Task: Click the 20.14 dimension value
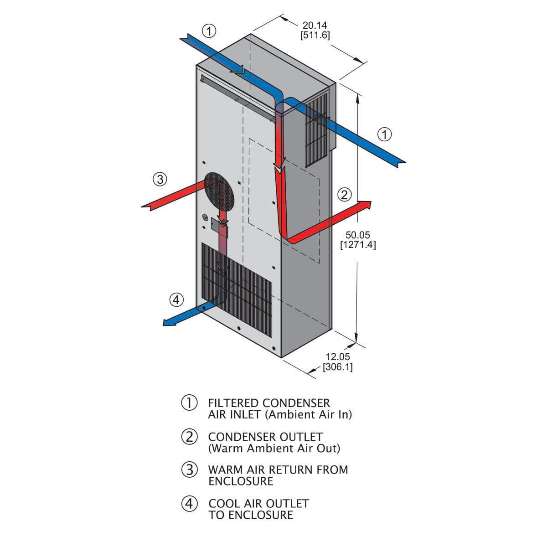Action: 315,26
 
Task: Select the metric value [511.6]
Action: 315,35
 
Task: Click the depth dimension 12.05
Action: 337,357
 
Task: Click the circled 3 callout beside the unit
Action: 160,180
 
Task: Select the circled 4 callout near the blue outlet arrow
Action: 176,299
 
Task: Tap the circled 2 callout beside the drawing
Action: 344,195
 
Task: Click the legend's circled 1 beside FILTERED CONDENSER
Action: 189,403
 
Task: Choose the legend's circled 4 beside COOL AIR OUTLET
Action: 189,504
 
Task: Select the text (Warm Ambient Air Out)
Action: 274,449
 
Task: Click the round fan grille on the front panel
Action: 218,195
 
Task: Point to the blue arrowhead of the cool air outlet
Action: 168,323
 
